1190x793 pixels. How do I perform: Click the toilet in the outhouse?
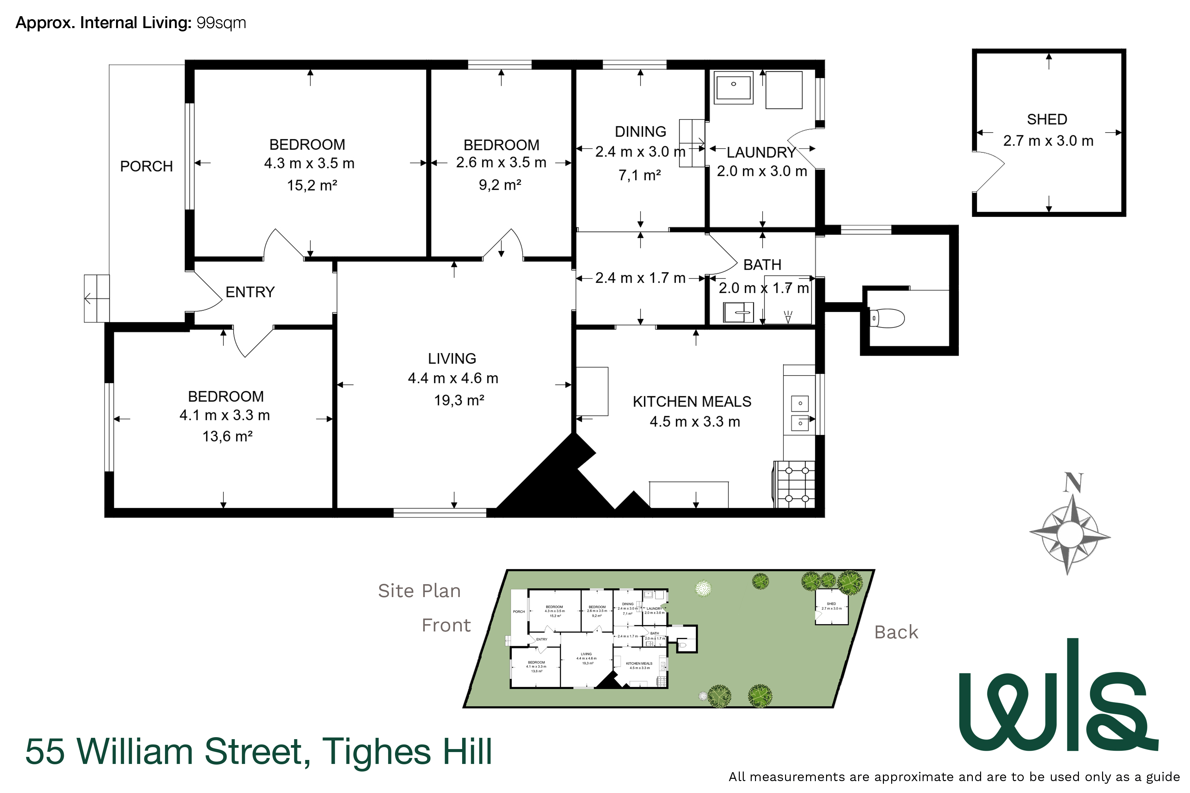pyautogui.click(x=888, y=318)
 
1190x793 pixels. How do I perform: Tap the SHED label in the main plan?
pyautogui.click(x=1047, y=119)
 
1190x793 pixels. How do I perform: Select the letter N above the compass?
pyautogui.click(x=1073, y=483)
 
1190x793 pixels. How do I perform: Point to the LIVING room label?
pyautogui.click(x=452, y=359)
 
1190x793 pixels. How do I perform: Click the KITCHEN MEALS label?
pyautogui.click(x=692, y=401)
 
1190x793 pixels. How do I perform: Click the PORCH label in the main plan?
pyautogui.click(x=146, y=167)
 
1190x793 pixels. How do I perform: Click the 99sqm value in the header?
pyautogui.click(x=221, y=23)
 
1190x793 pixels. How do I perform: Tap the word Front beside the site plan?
pyautogui.click(x=446, y=625)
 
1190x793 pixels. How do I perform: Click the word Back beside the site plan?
pyautogui.click(x=896, y=632)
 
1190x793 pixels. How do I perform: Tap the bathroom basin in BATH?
pyautogui.click(x=738, y=313)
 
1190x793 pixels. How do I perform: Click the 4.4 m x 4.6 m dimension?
pyautogui.click(x=453, y=378)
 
